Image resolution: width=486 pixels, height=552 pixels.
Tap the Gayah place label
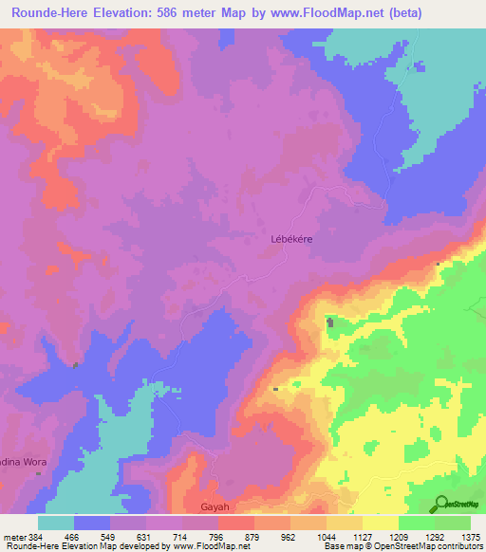[216, 506]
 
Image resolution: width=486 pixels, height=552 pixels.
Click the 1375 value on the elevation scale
[470, 537]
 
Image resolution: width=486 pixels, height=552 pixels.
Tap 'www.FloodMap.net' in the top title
[323, 12]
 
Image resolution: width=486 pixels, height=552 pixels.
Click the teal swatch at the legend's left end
[55, 523]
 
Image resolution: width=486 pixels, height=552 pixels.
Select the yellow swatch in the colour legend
[380, 523]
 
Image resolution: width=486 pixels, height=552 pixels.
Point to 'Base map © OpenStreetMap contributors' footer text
[402, 546]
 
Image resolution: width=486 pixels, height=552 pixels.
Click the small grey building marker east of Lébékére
[438, 264]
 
